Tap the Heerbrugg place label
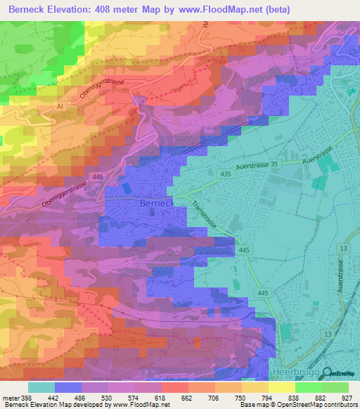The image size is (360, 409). point(290,370)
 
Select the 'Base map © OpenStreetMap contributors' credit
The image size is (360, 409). point(299,405)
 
